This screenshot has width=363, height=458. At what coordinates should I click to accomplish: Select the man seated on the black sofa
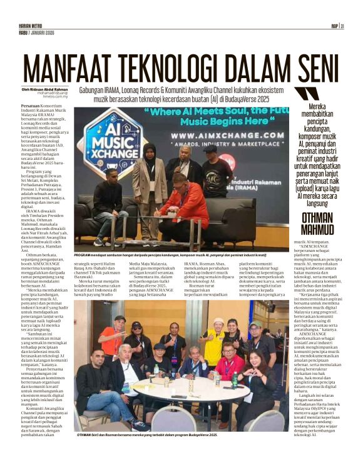(111, 203)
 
